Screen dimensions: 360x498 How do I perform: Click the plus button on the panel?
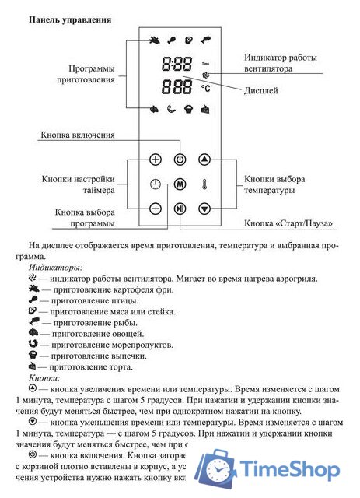156,160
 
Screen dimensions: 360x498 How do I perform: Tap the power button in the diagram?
180,160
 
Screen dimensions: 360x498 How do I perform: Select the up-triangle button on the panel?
204,160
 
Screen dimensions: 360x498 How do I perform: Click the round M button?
180,184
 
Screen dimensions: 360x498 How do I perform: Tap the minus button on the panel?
156,209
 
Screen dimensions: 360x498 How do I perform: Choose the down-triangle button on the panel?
204,209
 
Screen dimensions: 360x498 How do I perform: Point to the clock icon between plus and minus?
156,184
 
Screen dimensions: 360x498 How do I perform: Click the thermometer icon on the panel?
204,184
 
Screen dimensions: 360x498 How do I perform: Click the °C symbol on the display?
205,88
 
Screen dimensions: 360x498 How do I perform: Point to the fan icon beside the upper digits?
205,75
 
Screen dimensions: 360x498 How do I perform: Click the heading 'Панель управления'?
69,17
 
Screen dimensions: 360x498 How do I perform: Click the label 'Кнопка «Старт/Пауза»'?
288,223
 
